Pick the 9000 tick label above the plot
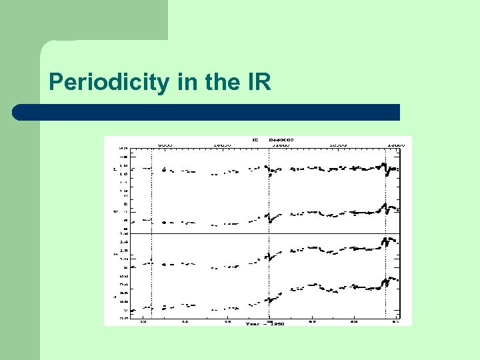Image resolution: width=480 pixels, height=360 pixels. (165, 144)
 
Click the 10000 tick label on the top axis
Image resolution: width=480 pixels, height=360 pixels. (223, 144)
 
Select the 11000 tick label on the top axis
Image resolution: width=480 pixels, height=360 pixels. (280, 144)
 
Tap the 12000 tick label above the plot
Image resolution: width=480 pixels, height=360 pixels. (338, 144)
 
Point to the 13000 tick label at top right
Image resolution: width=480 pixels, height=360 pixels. (395, 144)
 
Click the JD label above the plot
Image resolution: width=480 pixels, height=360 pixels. (255, 140)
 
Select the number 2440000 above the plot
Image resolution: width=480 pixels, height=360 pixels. (281, 140)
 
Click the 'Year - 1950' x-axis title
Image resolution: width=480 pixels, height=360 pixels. (264, 323)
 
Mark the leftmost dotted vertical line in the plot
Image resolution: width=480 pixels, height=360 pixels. (152, 233)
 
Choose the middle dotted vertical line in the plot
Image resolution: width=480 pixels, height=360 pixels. (269, 233)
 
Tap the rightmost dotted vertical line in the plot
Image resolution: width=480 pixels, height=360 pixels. (386, 233)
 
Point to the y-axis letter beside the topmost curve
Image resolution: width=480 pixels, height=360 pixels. (114, 169)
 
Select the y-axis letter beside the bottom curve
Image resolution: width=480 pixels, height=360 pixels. (114, 295)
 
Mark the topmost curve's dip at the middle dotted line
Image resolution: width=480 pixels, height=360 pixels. (270, 175)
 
